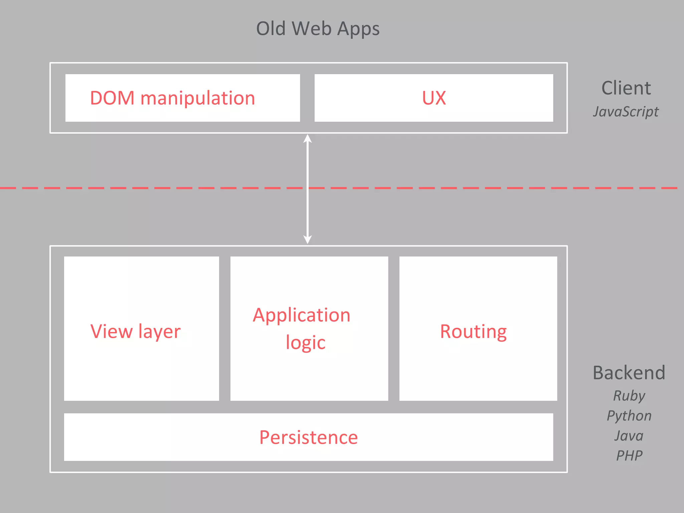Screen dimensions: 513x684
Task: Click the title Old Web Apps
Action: [x=318, y=29]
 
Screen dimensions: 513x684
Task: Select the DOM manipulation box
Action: [x=182, y=98]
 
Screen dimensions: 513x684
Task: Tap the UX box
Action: [x=434, y=98]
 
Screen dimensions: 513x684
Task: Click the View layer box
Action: [x=141, y=329]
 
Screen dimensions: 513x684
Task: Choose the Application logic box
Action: [x=309, y=329]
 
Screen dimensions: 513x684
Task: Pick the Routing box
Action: [x=478, y=329]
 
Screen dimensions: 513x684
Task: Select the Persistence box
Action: [x=308, y=437]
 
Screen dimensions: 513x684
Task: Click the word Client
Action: [x=626, y=88]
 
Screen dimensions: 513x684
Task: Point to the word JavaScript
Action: [x=626, y=112]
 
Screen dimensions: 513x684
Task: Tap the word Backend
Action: [x=629, y=373]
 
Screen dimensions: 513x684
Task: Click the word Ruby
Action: [x=629, y=396]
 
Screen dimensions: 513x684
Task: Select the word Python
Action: [x=629, y=416]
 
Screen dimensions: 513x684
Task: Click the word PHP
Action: [x=629, y=456]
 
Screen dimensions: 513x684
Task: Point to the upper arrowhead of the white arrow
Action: [x=308, y=138]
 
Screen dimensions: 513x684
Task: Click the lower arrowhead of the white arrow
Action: [x=308, y=239]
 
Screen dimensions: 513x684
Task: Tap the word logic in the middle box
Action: [x=305, y=343]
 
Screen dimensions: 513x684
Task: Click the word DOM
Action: [x=112, y=98]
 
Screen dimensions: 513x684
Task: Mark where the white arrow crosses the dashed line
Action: [x=308, y=188]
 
